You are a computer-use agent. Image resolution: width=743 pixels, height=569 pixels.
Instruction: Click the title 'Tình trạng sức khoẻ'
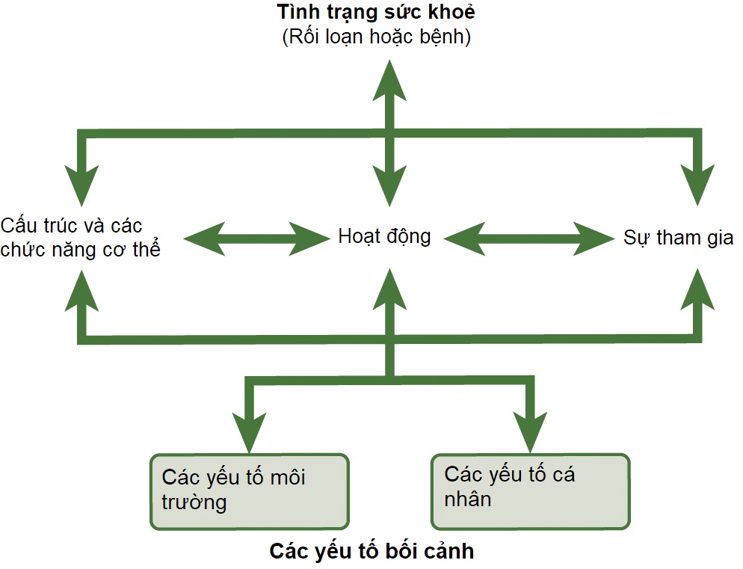pos(375,13)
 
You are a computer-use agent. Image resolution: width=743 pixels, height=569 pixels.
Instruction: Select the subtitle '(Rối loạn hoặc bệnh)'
pos(376,37)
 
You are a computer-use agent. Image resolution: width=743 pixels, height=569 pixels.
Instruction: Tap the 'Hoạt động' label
pos(384,237)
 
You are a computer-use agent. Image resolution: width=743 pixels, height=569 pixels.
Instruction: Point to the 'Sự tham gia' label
pos(678,238)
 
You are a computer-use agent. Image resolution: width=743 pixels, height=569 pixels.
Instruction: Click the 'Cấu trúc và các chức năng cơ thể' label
pos(80,237)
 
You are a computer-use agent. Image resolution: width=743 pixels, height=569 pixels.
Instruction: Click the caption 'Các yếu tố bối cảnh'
pos(371,552)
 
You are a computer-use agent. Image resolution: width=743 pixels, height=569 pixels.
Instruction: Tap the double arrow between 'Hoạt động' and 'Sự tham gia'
pos(528,239)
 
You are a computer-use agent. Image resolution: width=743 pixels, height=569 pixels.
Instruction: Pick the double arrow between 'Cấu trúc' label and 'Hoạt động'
pos(256,239)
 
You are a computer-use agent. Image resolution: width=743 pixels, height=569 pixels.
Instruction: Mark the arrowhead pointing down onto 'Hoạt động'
pos(389,187)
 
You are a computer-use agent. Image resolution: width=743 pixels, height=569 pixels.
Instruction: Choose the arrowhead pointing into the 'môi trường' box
pos(249,431)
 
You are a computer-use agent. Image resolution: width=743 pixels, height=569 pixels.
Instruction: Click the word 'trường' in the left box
pos(194,502)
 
